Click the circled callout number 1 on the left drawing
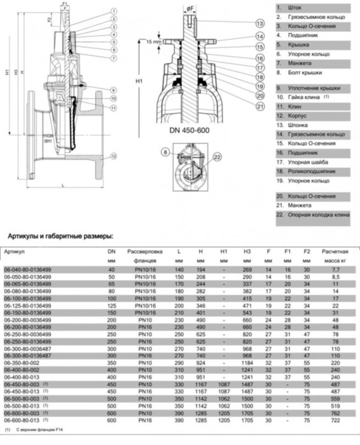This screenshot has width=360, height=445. (x=113, y=11)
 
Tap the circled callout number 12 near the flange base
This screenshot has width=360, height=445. (x=113, y=156)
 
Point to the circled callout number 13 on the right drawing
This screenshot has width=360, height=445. (x=259, y=24)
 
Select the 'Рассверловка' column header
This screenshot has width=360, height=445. (x=144, y=251)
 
